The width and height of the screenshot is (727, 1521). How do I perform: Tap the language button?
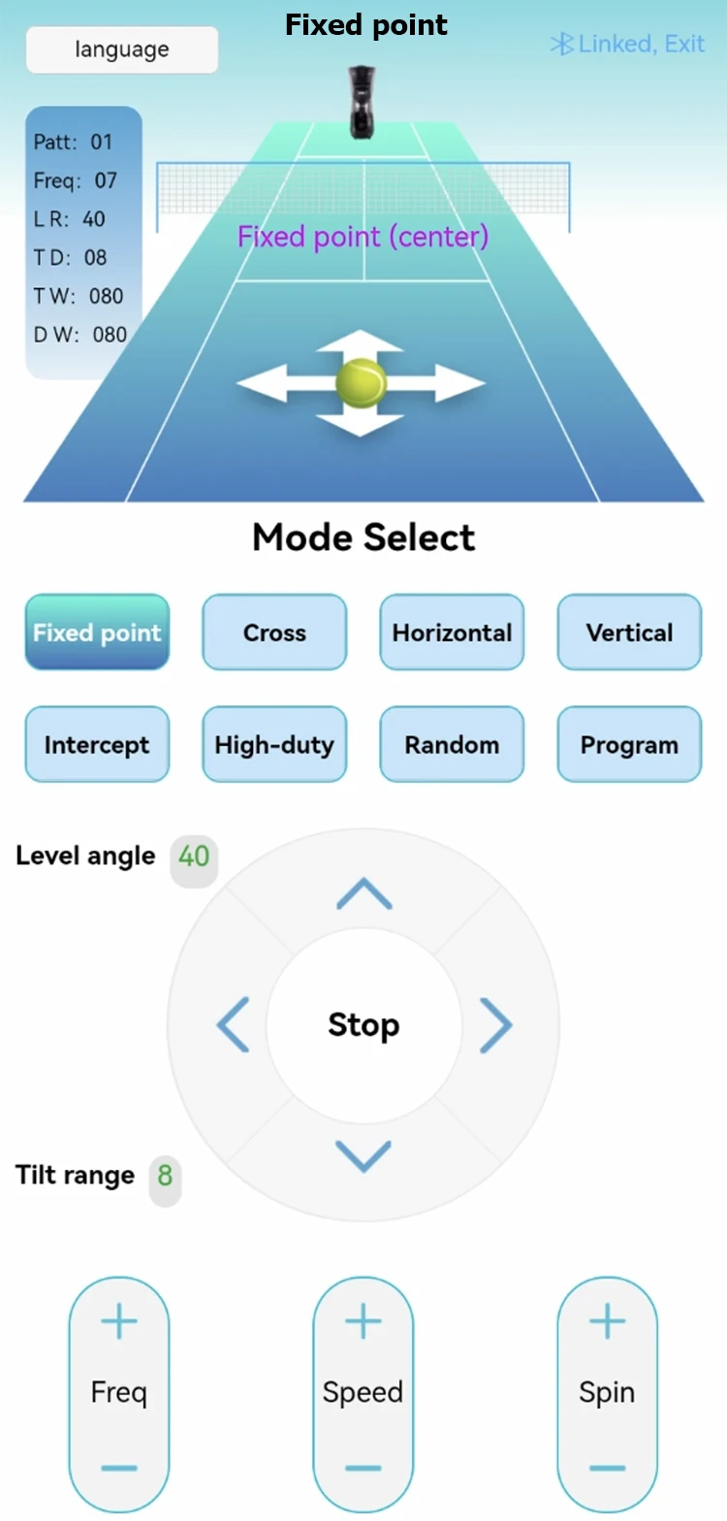(x=122, y=49)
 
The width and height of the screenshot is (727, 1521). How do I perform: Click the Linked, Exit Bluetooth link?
(x=627, y=44)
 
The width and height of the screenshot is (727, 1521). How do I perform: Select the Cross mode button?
(x=274, y=632)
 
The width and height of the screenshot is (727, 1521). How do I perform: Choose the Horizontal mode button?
(x=452, y=632)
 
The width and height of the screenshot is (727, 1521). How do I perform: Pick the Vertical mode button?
(x=629, y=632)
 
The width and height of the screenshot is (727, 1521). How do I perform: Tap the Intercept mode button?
(x=97, y=745)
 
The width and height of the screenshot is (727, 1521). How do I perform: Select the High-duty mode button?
(x=274, y=745)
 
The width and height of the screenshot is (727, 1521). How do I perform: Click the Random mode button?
(x=452, y=745)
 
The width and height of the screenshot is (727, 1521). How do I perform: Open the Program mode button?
(x=629, y=745)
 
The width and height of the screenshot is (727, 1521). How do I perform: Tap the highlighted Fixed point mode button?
(x=97, y=632)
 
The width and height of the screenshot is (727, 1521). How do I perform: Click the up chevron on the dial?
(x=363, y=893)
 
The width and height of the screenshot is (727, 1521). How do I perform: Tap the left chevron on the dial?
(x=233, y=1024)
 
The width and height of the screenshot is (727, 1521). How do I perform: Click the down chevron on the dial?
(x=363, y=1155)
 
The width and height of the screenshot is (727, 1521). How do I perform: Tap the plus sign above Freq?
(x=119, y=1321)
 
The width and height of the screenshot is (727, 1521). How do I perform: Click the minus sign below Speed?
(x=363, y=1468)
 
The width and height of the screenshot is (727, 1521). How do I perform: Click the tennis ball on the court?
(x=361, y=383)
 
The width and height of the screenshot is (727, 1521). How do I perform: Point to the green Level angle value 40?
(x=194, y=856)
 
